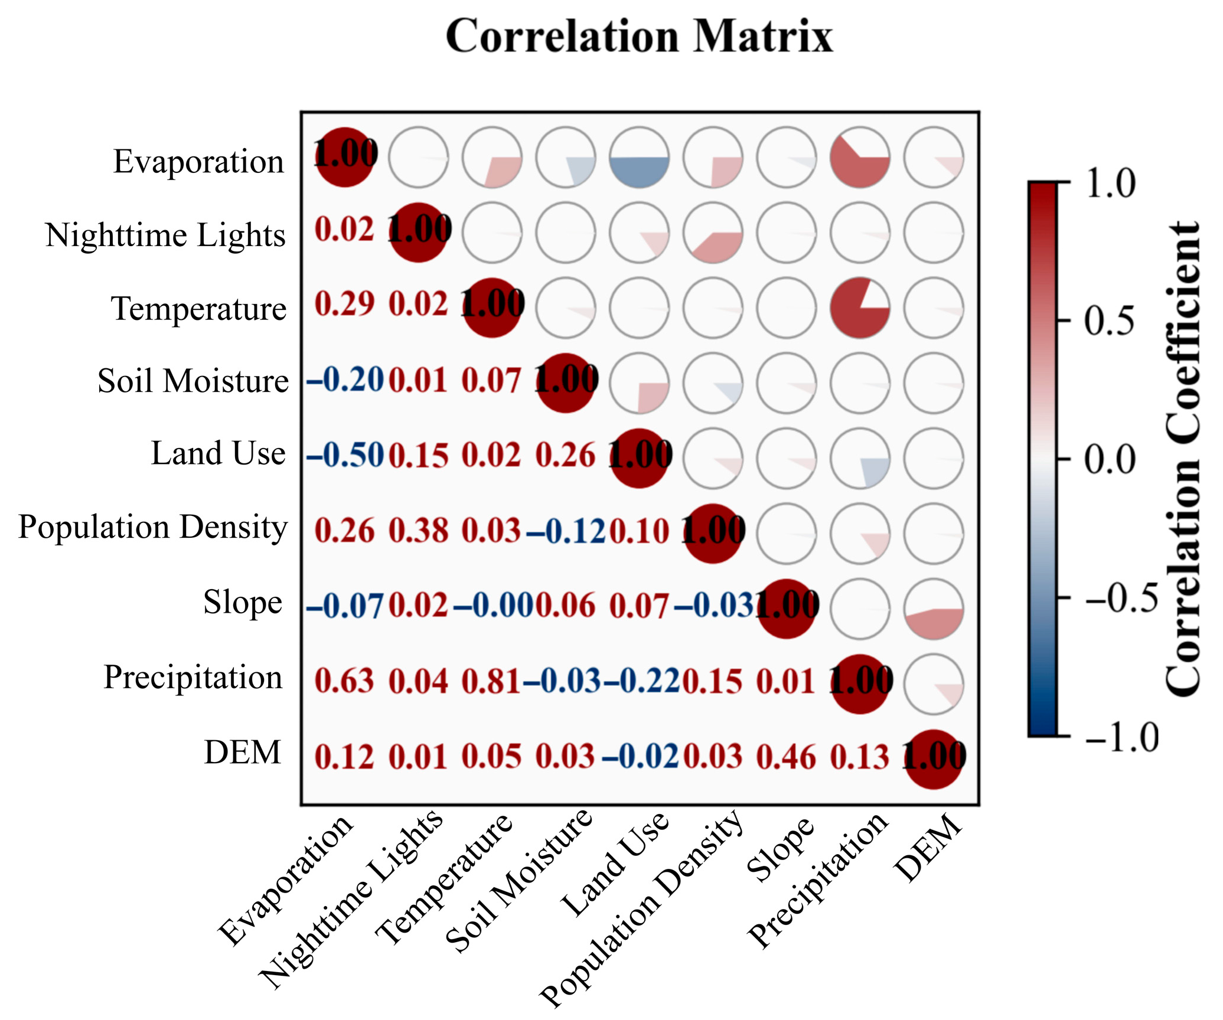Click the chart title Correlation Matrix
click(639, 37)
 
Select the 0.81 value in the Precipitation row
click(491, 681)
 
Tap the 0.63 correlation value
click(344, 681)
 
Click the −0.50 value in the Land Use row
click(345, 456)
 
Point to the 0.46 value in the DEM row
click(786, 757)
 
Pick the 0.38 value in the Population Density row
click(418, 531)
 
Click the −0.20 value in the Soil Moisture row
click(345, 380)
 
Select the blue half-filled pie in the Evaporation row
click(639, 158)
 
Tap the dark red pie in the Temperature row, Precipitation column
click(860, 308)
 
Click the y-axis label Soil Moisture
click(193, 381)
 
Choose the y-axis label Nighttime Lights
click(165, 236)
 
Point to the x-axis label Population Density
click(643, 907)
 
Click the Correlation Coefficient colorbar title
click(1183, 459)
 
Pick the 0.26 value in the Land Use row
click(565, 456)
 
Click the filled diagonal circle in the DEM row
click(934, 759)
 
